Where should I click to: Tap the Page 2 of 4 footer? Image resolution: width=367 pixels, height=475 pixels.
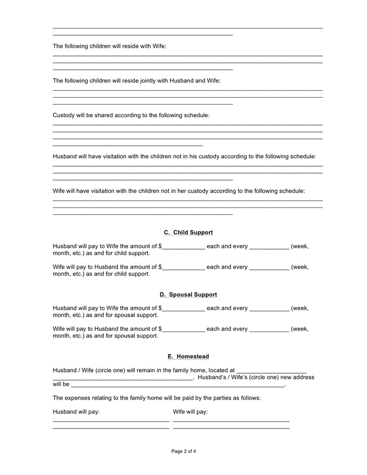click(x=183, y=451)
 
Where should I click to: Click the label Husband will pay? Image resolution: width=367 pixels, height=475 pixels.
click(x=76, y=412)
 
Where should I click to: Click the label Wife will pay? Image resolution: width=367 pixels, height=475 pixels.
click(x=190, y=412)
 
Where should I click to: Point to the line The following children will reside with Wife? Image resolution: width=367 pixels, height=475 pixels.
click(x=110, y=46)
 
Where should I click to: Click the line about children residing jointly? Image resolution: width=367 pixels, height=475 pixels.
click(x=137, y=81)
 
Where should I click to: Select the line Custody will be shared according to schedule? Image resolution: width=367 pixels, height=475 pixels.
click(x=131, y=115)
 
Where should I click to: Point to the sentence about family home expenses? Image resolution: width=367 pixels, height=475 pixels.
click(x=157, y=398)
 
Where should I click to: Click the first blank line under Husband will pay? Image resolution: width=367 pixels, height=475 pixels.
click(x=111, y=421)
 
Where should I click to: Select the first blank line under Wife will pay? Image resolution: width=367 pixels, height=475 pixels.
click(x=231, y=421)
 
